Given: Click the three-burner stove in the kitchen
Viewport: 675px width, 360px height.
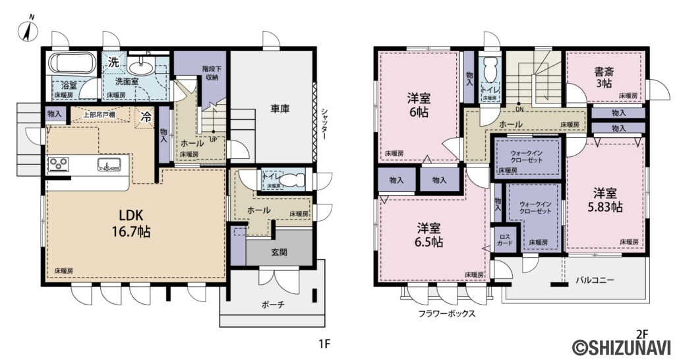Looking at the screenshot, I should tap(58, 164).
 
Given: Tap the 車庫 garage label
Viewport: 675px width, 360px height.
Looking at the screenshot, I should tap(280, 109).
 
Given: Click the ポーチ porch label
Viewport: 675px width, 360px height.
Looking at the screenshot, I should tap(273, 305).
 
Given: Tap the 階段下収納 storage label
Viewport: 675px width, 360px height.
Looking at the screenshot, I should tap(210, 73).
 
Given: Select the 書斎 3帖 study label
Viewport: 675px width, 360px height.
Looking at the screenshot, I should tap(604, 78).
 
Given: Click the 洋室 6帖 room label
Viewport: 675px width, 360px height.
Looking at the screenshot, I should tap(419, 106).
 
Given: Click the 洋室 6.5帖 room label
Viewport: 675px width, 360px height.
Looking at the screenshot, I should tap(429, 235).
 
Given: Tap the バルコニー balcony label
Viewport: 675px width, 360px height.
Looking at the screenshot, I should tap(595, 280).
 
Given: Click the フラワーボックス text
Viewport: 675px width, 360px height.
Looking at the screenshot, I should tap(446, 315).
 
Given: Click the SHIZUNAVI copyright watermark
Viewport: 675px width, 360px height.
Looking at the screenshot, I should tap(622, 346).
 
